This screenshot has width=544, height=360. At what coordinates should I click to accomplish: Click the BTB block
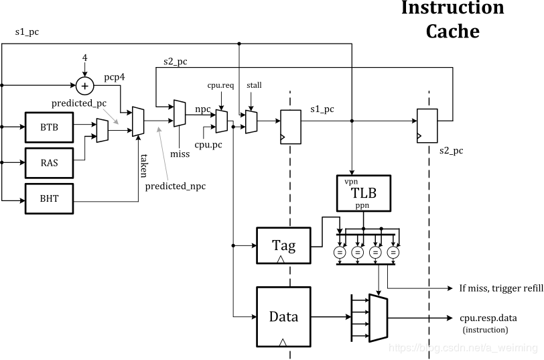point(50,127)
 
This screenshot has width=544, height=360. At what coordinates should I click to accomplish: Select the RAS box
point(50,163)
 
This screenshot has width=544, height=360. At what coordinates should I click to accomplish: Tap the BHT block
point(50,198)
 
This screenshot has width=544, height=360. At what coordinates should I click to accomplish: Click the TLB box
point(364,193)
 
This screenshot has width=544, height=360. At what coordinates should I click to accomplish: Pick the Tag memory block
point(283,245)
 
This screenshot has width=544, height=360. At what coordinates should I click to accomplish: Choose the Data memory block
point(283,316)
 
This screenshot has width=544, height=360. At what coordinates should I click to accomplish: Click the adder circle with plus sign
point(84,86)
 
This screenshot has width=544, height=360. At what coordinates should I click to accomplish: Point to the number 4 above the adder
point(84,58)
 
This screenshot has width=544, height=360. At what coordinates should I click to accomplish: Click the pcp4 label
point(115,77)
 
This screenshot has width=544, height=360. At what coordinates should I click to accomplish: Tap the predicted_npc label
point(176,186)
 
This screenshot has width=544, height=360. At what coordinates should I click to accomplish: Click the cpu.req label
point(220,85)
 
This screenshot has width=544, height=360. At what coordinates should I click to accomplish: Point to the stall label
point(254,85)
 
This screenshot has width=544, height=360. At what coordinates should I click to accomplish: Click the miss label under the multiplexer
point(180,154)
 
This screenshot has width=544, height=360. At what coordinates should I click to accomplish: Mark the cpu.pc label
point(208,145)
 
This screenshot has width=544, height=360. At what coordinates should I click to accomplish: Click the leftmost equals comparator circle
point(340,252)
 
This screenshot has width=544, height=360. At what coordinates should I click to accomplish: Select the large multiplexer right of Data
point(378,318)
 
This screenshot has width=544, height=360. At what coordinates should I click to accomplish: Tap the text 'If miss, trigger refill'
point(501,288)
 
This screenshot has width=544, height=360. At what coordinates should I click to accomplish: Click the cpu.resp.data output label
point(488,318)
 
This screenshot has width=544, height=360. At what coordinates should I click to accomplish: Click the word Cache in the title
point(453,31)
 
